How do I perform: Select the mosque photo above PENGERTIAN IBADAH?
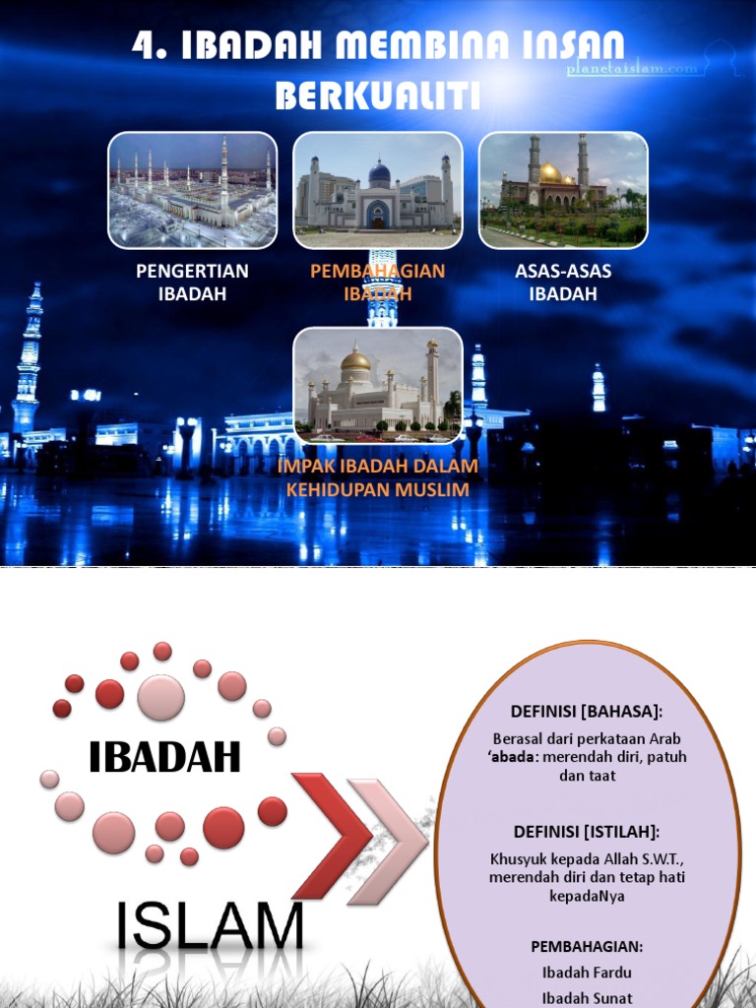click(x=193, y=189)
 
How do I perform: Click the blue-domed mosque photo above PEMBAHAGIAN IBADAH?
click(x=378, y=189)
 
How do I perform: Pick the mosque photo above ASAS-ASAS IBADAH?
click(x=563, y=189)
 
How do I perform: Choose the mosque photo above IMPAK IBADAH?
click(x=378, y=385)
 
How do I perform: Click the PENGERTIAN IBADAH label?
click(x=193, y=282)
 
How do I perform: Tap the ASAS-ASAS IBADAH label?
click(x=563, y=282)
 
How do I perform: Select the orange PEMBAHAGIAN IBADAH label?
click(x=378, y=282)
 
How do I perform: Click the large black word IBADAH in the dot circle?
click(x=164, y=757)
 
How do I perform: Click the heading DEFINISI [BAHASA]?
click(x=587, y=711)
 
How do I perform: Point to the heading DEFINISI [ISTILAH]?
click(x=587, y=831)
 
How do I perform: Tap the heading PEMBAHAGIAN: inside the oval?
click(x=587, y=946)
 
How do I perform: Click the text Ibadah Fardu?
click(x=587, y=972)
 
